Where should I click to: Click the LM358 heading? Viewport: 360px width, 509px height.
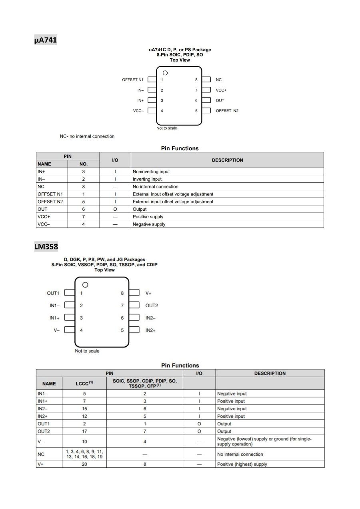click(x=46, y=246)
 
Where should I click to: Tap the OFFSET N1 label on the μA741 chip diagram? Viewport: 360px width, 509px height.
click(x=132, y=80)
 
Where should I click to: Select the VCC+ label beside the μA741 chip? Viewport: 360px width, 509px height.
click(x=221, y=90)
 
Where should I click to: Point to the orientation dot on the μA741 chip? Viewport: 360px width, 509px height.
click(x=165, y=73)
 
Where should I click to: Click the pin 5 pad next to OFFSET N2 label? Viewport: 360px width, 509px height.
click(x=206, y=111)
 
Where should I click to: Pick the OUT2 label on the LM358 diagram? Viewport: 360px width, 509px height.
click(x=152, y=305)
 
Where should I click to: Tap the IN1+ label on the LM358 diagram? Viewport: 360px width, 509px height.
click(x=54, y=318)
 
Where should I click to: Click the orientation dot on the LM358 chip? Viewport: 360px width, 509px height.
click(x=85, y=285)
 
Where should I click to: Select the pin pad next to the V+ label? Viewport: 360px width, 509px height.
click(x=134, y=293)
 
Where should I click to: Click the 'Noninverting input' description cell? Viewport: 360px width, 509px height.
click(x=151, y=172)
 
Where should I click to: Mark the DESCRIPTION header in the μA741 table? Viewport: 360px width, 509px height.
click(x=227, y=160)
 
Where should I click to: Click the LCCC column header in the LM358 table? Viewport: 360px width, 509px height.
click(x=84, y=383)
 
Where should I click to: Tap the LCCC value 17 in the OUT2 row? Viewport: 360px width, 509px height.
click(x=84, y=431)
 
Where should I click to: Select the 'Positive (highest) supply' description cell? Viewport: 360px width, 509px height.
click(x=242, y=464)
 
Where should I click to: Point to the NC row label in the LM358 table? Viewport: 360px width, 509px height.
click(x=41, y=454)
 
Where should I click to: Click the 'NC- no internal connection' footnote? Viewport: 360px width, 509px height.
click(x=87, y=136)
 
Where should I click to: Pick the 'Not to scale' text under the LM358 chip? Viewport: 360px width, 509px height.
click(x=87, y=351)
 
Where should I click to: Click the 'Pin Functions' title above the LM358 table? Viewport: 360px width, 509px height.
click(x=180, y=365)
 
